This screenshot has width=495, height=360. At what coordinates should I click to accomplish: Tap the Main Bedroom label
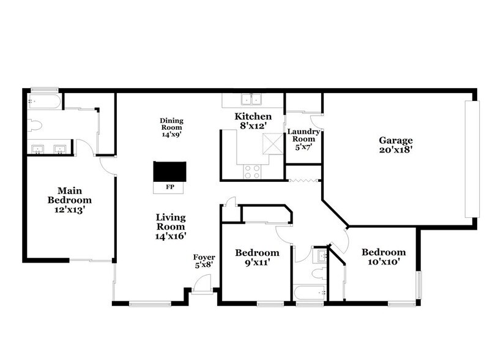pos(70,195)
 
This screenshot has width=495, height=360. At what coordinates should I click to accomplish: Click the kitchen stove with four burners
pos(252,171)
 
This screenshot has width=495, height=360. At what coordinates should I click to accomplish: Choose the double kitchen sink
pos(252,100)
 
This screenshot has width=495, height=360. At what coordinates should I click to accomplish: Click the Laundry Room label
pos(302,135)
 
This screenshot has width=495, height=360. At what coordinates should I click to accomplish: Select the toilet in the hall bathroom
pos(317,272)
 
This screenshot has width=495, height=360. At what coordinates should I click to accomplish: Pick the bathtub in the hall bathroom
pos(308,293)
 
